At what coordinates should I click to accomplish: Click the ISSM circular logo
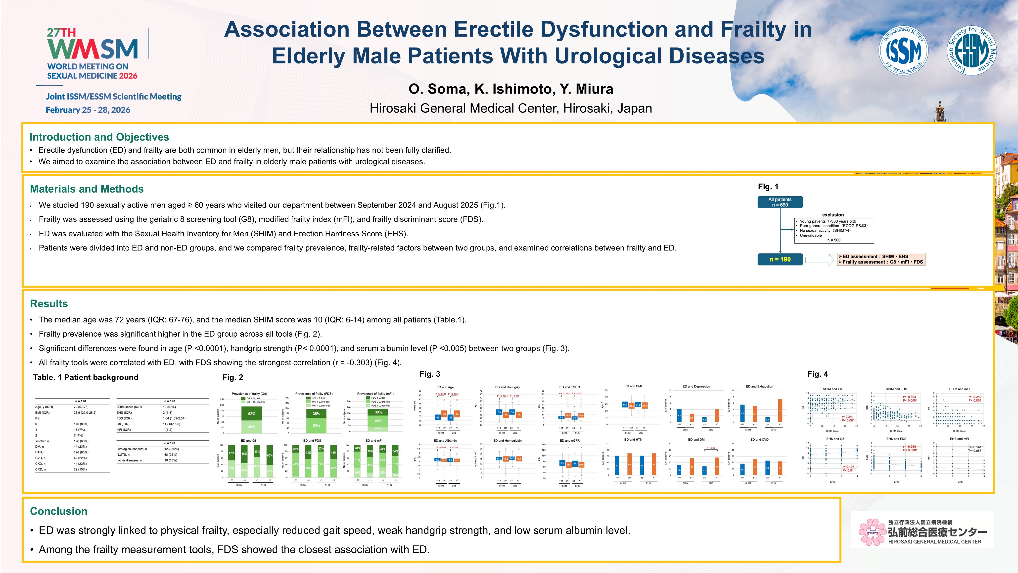coord(903,51)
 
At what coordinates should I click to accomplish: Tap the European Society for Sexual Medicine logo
coord(972,51)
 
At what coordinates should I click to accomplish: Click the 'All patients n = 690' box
coord(780,202)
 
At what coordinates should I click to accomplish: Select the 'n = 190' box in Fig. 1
coord(780,260)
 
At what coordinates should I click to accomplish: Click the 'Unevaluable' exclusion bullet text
coord(811,235)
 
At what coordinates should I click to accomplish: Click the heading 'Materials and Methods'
coord(87,189)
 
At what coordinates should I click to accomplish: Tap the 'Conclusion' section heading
coord(58,511)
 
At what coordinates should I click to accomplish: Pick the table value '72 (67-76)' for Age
coord(81,407)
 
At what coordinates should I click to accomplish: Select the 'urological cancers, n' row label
coord(132,449)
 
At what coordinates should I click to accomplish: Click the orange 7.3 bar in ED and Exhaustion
coord(780,410)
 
